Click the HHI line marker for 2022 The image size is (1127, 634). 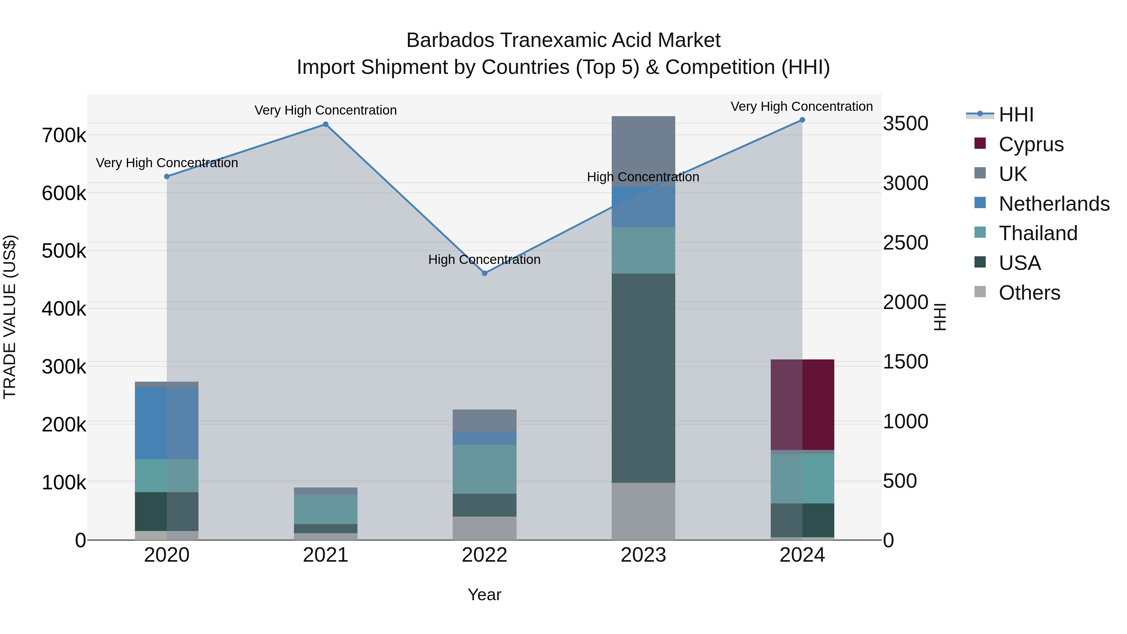tap(484, 273)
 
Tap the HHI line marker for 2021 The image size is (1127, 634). tap(326, 124)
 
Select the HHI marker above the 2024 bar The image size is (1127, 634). tap(802, 120)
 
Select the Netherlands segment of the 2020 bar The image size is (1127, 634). tap(166, 423)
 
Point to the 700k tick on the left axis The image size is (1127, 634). tap(64, 136)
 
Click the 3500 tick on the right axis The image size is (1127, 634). tap(905, 123)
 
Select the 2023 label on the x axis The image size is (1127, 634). tap(643, 555)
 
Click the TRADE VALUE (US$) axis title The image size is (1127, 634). tap(10, 317)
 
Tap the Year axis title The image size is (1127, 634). tap(484, 595)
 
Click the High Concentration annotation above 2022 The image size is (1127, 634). tap(484, 260)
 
